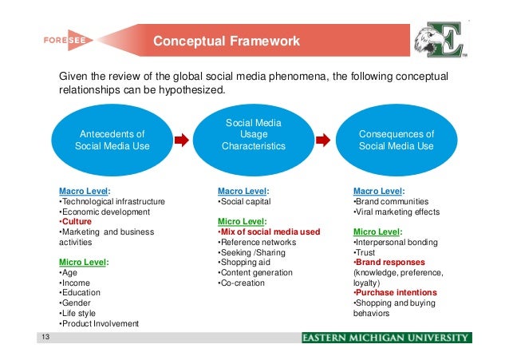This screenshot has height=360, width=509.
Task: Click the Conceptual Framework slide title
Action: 226,42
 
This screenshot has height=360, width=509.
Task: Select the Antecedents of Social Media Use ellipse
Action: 111,140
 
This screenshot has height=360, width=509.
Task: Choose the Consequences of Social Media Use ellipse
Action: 397,140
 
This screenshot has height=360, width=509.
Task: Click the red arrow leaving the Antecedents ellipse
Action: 181,140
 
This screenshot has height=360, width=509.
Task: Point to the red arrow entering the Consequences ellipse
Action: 322,140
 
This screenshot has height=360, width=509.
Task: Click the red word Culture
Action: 77,221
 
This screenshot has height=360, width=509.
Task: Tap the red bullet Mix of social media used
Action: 270,231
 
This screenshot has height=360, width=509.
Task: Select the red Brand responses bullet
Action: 389,262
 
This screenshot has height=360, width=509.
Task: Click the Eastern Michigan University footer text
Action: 386,338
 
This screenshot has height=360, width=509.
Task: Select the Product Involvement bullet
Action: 99,323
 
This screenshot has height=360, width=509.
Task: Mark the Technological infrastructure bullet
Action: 112,201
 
